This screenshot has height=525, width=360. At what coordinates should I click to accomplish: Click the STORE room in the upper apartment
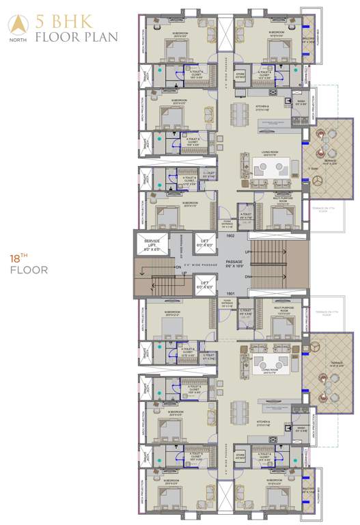pyautogui.click(x=240, y=76)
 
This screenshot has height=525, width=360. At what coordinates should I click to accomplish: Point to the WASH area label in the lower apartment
pyautogui.click(x=301, y=429)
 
